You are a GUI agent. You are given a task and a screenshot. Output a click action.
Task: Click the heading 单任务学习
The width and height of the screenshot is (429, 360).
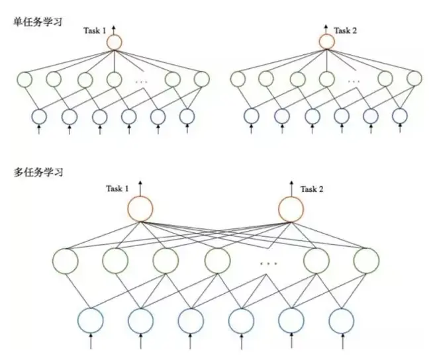[38, 21]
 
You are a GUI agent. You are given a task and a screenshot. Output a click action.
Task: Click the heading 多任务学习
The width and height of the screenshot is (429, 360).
[38, 173]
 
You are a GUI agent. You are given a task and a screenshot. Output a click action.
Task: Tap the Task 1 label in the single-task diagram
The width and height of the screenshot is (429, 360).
[94, 30]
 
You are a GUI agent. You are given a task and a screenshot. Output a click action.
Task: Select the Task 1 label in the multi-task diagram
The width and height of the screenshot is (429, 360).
[117, 189]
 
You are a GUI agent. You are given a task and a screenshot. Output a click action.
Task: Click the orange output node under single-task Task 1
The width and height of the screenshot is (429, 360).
[114, 42]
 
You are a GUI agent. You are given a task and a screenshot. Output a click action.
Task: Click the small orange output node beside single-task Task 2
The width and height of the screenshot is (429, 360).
[326, 42]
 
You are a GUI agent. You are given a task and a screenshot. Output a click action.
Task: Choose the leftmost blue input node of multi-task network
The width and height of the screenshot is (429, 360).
[91, 320]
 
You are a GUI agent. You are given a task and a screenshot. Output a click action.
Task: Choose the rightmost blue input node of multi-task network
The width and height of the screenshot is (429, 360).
[342, 320]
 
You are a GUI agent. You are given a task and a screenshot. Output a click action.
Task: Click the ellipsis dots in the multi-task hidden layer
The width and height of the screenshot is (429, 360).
[268, 263]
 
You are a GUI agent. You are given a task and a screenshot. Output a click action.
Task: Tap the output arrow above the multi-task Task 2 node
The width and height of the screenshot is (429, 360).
[291, 186]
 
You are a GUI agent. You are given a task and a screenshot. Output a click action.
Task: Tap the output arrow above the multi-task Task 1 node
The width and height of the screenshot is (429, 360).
[140, 186]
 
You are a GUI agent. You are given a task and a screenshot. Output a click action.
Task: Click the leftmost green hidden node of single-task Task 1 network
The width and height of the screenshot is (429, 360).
[24, 80]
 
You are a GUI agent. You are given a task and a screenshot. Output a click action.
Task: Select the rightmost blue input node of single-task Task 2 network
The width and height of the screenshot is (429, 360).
[399, 116]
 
